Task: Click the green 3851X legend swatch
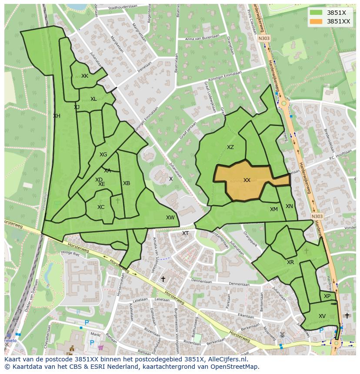point(316,13)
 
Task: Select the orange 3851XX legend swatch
point(316,21)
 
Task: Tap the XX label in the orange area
point(247,180)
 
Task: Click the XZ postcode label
point(230,147)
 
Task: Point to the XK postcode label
point(85,76)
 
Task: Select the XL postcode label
point(93,99)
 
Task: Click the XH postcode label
point(57,116)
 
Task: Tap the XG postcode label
point(103,155)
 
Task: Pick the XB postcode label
point(127,183)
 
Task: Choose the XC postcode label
point(101,207)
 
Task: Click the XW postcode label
point(170,218)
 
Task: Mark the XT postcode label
point(185,233)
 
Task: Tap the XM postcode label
point(273,209)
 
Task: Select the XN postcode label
point(289,206)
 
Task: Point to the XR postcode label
point(290,262)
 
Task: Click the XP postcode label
point(327,296)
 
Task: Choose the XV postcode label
point(322,316)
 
